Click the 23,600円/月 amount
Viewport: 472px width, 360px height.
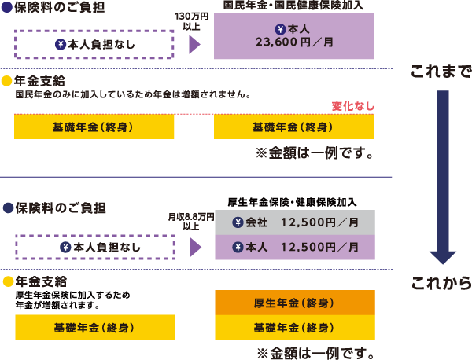click(294, 44)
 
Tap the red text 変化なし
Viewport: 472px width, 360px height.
click(353, 106)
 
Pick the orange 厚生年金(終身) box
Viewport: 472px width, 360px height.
click(294, 303)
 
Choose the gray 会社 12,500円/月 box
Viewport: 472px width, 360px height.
click(294, 222)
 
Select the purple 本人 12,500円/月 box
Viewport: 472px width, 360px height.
click(294, 248)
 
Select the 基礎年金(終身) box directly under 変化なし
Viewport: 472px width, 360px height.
click(294, 127)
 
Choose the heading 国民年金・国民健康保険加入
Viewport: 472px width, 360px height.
click(294, 5)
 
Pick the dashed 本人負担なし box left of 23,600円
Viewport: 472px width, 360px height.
click(94, 44)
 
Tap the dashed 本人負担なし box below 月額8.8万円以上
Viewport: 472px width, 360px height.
click(95, 248)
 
